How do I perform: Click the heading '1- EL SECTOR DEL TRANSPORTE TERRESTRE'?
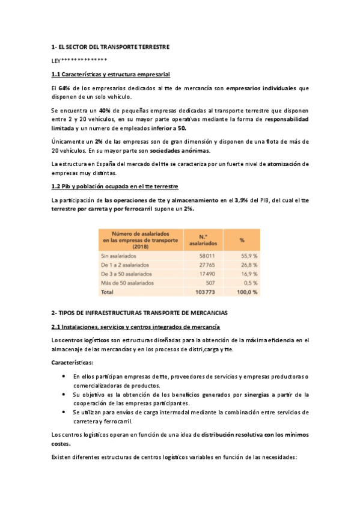(110, 46)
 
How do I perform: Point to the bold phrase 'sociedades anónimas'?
(180, 150)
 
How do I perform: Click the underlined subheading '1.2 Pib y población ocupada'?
(114, 186)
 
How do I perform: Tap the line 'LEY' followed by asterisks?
(79, 60)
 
